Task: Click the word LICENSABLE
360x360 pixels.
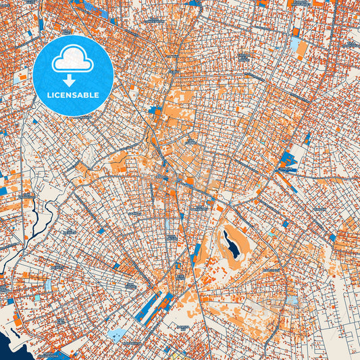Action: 73,95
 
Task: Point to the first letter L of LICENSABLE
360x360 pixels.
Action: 49,95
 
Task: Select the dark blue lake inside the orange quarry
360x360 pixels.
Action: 231,244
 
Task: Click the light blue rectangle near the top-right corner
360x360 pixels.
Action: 296,45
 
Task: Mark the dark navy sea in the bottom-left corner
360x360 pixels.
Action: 10,348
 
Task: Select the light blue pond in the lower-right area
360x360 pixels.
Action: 291,299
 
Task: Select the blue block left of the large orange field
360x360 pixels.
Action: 155,109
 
